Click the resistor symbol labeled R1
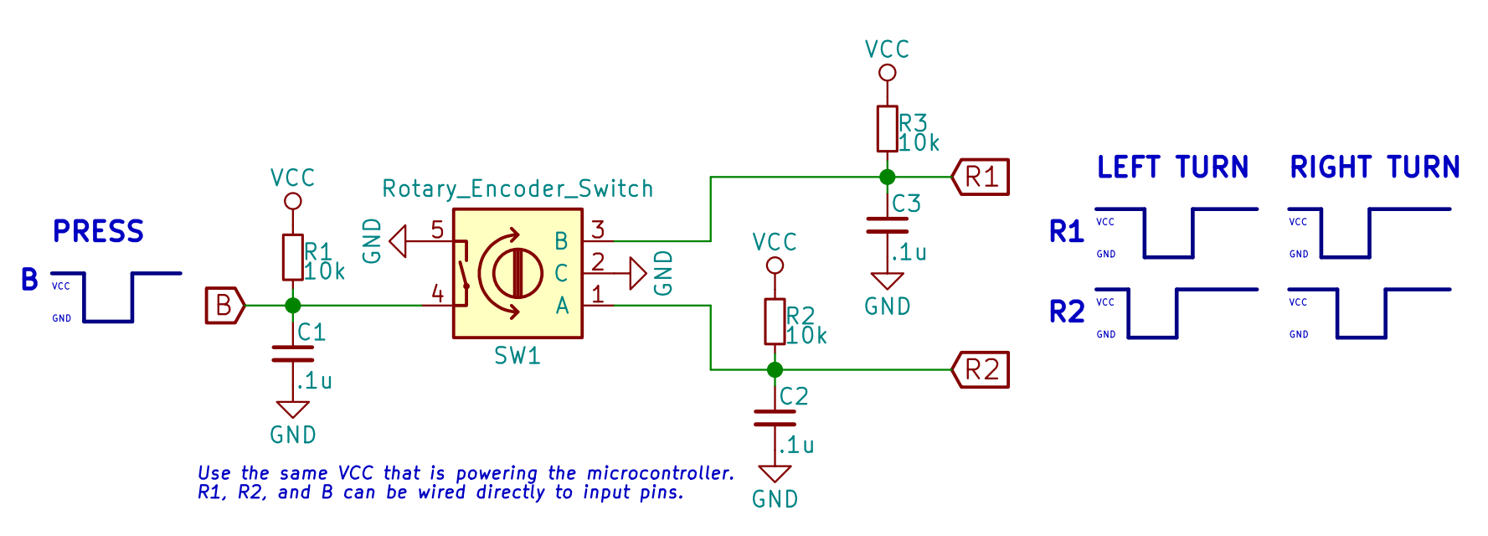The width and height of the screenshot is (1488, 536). pyautogui.click(x=292, y=257)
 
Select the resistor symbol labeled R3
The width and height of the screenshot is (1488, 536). pyautogui.click(x=887, y=129)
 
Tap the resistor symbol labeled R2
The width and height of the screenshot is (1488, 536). pyautogui.click(x=775, y=322)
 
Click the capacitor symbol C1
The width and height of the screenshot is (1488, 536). pyautogui.click(x=292, y=353)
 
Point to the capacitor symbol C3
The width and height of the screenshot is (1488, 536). pyautogui.click(x=887, y=225)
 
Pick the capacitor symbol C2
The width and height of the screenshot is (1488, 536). pyautogui.click(x=775, y=418)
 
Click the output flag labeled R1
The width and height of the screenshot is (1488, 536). pyautogui.click(x=981, y=177)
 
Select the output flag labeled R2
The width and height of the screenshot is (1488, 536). pyautogui.click(x=981, y=370)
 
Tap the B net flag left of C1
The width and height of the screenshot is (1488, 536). pyautogui.click(x=224, y=306)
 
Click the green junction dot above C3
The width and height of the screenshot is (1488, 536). pyautogui.click(x=887, y=177)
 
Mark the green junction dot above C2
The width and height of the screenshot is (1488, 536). pyautogui.click(x=775, y=369)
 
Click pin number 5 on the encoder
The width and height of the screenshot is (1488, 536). pyautogui.click(x=437, y=229)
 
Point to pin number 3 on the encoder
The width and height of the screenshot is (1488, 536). pyautogui.click(x=598, y=229)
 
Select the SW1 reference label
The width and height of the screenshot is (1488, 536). pyautogui.click(x=517, y=356)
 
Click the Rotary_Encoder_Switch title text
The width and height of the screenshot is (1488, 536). pyautogui.click(x=517, y=188)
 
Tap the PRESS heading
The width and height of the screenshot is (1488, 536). pyautogui.click(x=98, y=231)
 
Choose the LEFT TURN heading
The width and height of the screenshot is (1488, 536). pyautogui.click(x=1172, y=167)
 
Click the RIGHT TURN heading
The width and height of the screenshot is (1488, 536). pyautogui.click(x=1374, y=167)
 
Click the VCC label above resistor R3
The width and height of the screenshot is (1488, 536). pyautogui.click(x=887, y=49)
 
